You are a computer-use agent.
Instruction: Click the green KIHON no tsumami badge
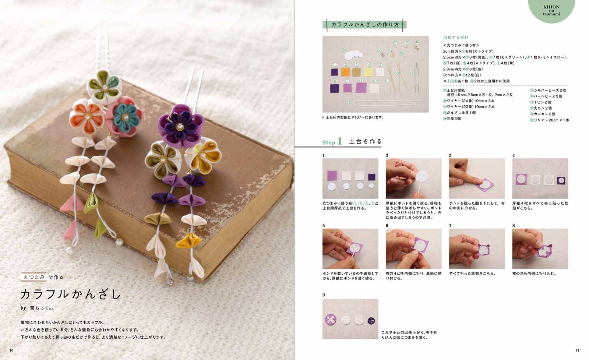(551, 10)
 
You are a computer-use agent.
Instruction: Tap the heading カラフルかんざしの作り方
(365, 25)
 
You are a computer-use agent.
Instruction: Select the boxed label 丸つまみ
(34, 277)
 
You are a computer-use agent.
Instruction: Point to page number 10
(11, 350)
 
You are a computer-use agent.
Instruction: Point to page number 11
(577, 350)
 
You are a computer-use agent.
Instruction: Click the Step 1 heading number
(339, 141)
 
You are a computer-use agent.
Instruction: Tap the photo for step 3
(477, 179)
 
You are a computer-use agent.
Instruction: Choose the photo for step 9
(350, 319)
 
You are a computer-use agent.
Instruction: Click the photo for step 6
(413, 248)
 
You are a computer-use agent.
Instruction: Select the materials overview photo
(375, 74)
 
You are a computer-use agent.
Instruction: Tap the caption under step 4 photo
(540, 205)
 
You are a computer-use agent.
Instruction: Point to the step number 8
(514, 225)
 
